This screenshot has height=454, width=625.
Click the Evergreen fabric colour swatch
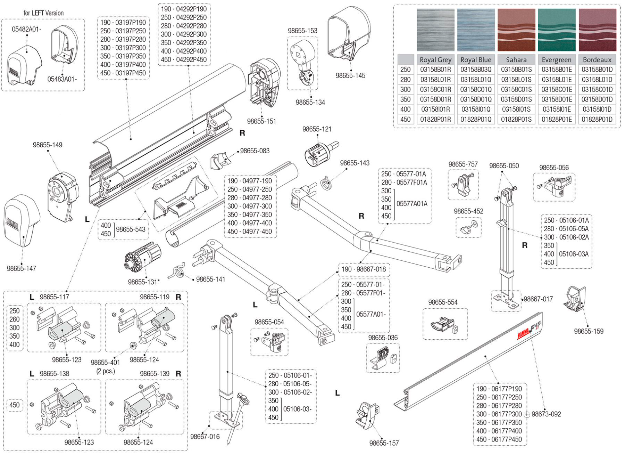click(x=557, y=30)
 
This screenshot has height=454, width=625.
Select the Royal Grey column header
click(x=435, y=60)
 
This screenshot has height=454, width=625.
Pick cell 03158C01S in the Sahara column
click(x=516, y=89)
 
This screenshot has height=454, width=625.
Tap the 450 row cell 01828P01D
click(x=597, y=119)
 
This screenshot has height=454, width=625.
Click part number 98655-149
click(x=48, y=145)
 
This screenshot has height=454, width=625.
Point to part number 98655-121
click(x=317, y=129)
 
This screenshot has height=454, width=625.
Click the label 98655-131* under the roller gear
click(x=144, y=282)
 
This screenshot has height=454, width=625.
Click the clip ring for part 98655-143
click(x=326, y=183)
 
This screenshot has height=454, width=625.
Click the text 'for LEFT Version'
click(x=43, y=13)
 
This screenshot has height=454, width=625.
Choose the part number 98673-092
click(x=546, y=414)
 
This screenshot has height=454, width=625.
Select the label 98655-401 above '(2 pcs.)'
click(x=106, y=362)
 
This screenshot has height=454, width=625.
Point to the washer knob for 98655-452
click(x=467, y=227)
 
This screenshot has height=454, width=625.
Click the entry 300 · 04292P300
click(x=184, y=34)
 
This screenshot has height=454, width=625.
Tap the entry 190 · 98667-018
click(x=364, y=269)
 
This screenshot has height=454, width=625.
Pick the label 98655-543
click(x=131, y=229)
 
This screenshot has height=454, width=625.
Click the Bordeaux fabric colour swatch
click(x=597, y=30)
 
